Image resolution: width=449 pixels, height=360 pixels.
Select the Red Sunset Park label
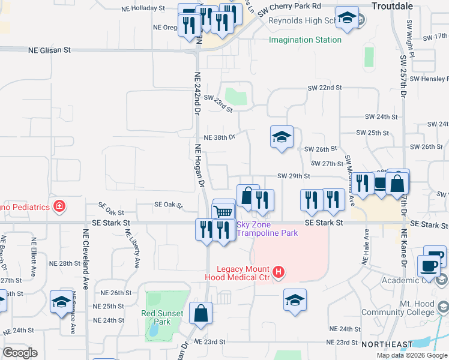pos(156,317)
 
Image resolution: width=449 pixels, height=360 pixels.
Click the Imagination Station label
pos(305,40)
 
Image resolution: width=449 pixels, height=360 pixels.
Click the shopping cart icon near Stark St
pos(223,211)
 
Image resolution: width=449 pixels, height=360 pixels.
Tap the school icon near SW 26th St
pos(282,137)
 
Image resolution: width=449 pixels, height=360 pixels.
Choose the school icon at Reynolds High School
pos(347,18)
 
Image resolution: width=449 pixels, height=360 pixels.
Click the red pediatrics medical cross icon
pos(59,208)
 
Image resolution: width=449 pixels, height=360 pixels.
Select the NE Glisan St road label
pos(50,51)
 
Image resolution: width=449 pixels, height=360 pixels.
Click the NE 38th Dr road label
pos(219,137)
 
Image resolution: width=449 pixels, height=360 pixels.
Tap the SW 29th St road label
pos(294,176)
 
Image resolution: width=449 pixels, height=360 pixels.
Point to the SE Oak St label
pos(168,205)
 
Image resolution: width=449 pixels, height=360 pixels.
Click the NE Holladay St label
pos(143,8)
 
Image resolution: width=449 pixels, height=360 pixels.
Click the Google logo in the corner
pos(20,353)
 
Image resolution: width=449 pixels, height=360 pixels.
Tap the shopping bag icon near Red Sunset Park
pos(200,313)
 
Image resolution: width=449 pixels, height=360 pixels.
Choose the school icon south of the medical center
pos(295,301)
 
